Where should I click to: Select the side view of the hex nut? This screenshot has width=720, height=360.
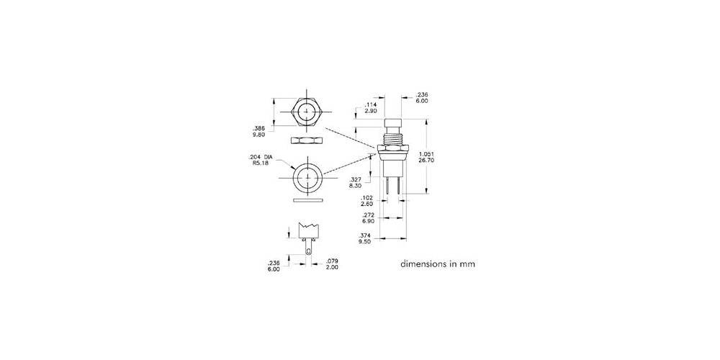307,139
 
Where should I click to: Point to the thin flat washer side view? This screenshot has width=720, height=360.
307,200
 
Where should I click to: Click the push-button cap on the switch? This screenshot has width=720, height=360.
393,124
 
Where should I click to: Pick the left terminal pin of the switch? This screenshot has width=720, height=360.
388,185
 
